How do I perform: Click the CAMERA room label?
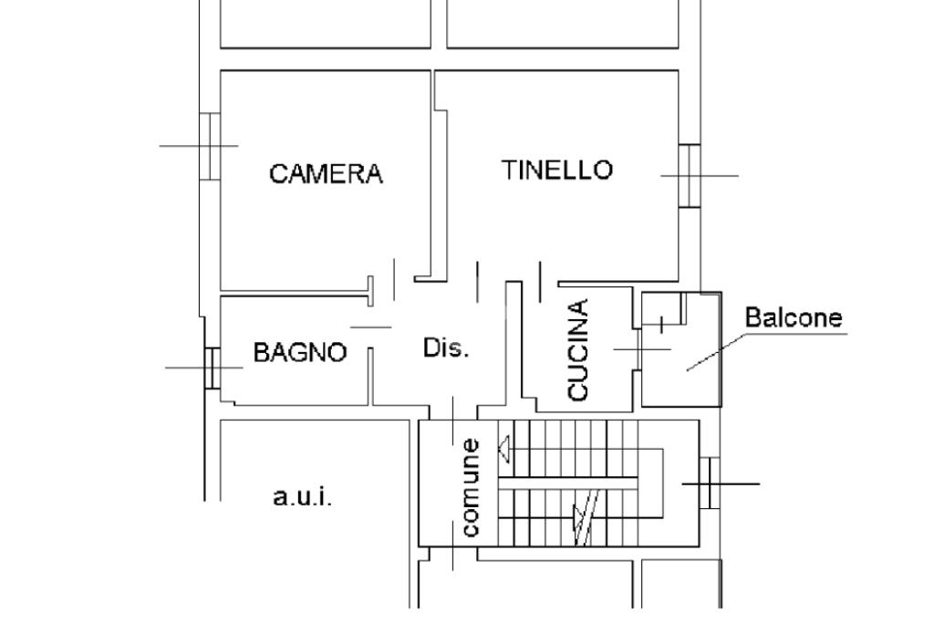pyautogui.click(x=326, y=173)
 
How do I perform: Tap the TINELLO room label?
pyautogui.click(x=556, y=170)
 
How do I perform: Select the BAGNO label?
pyautogui.click(x=300, y=352)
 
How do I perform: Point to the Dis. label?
pyautogui.click(x=446, y=348)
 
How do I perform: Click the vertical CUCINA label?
pyautogui.click(x=578, y=350)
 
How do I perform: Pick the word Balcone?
pyautogui.click(x=794, y=318)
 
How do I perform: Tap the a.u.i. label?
pyautogui.click(x=303, y=497)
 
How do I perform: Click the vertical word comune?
pyautogui.click(x=471, y=487)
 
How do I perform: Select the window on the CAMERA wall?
pyautogui.click(x=210, y=146)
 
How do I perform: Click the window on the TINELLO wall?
pyautogui.click(x=690, y=175)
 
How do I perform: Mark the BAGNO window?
pyautogui.click(x=212, y=368)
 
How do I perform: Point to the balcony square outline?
pyautogui.click(x=682, y=349)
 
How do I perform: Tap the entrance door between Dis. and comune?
pyautogui.click(x=453, y=415)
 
